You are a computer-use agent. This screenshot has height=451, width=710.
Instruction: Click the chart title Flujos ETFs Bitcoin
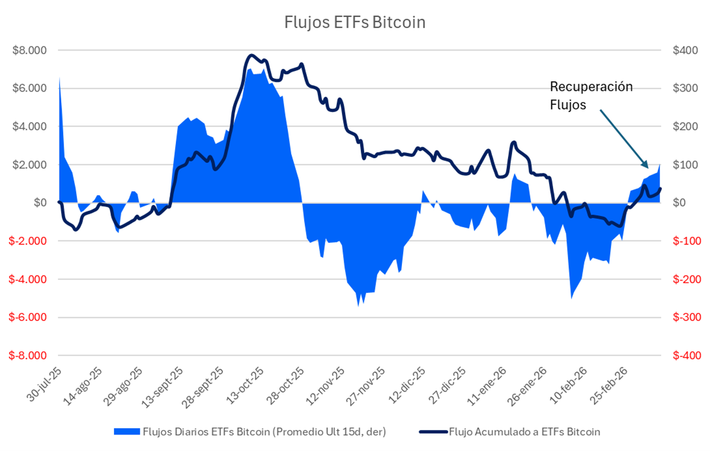[355, 22]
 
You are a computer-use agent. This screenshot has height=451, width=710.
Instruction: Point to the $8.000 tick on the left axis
[30, 50]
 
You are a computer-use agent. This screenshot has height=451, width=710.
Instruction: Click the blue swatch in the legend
[127, 432]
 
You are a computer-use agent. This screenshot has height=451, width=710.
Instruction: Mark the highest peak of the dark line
[250, 56]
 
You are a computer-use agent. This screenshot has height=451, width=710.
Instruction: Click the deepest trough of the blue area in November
[358, 306]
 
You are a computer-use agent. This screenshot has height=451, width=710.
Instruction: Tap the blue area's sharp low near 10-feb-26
[571, 298]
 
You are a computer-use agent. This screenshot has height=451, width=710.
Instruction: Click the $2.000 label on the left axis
[30, 165]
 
